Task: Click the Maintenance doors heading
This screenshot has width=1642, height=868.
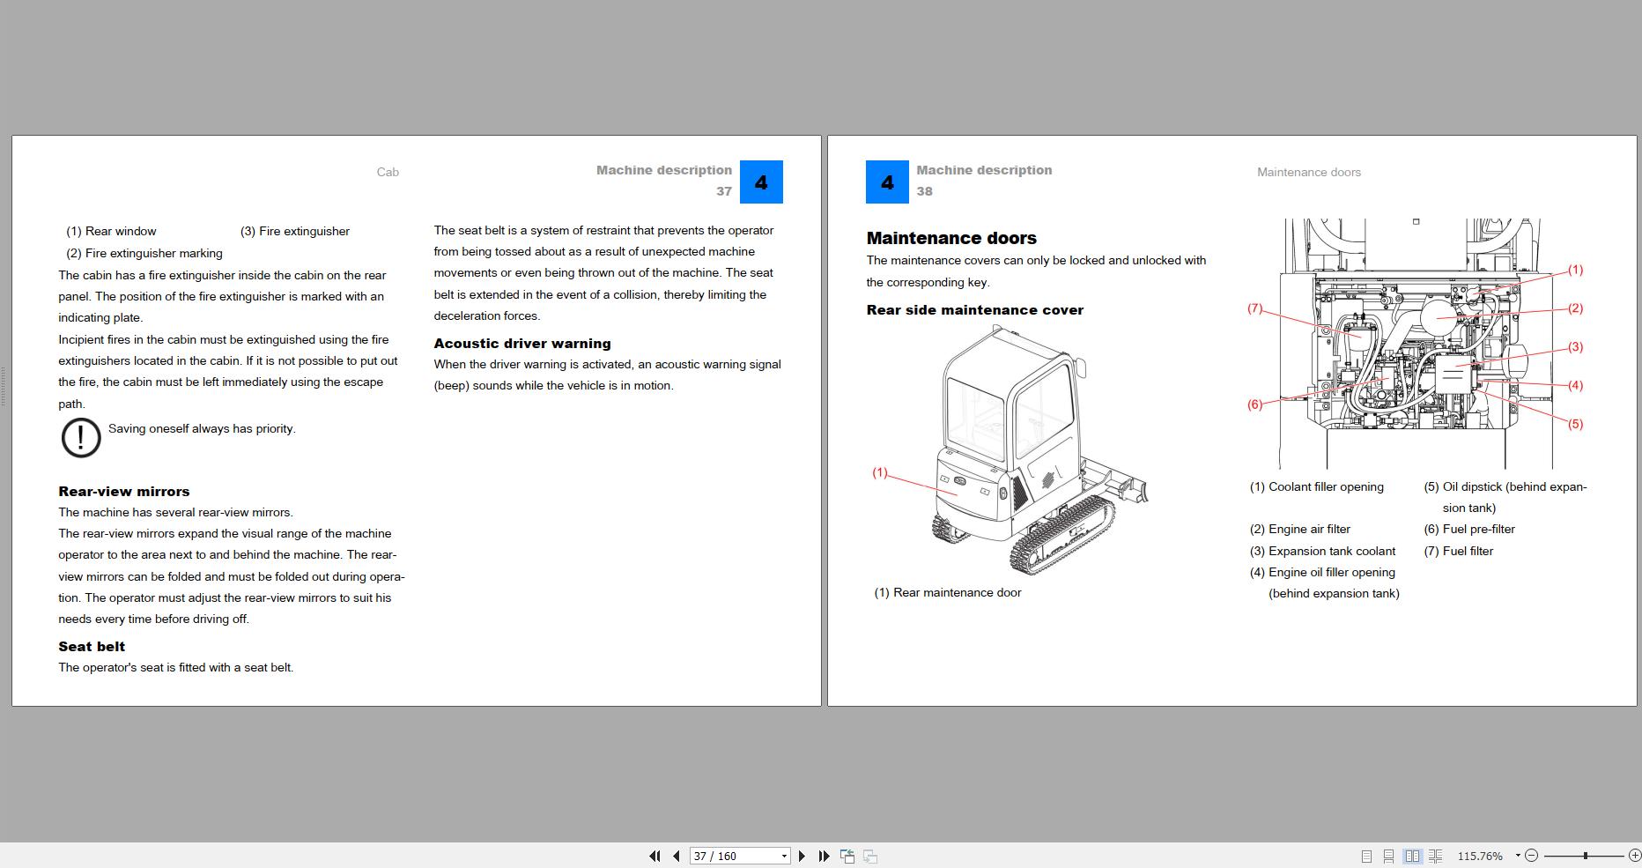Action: (x=950, y=238)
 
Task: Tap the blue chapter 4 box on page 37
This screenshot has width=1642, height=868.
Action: (x=761, y=182)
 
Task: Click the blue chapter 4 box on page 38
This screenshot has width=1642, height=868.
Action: (x=887, y=182)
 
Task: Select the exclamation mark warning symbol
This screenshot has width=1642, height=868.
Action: (x=81, y=437)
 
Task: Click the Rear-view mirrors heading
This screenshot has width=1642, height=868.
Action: (x=123, y=492)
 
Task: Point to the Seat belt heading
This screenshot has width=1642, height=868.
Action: (x=92, y=646)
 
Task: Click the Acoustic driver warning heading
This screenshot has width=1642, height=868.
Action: (x=521, y=344)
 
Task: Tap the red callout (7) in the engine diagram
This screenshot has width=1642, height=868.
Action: (x=1254, y=308)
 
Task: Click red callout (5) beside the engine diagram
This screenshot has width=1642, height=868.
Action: (x=1575, y=424)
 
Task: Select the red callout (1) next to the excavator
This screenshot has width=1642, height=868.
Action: (x=879, y=472)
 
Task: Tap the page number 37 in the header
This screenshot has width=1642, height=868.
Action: (x=723, y=191)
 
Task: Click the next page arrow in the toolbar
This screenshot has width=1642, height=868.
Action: (x=802, y=856)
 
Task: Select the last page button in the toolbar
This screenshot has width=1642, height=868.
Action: (x=824, y=856)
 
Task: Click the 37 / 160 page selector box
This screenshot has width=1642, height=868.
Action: (x=738, y=856)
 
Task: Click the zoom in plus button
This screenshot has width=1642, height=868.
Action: (x=1634, y=856)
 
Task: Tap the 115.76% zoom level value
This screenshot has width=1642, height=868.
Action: (x=1480, y=856)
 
